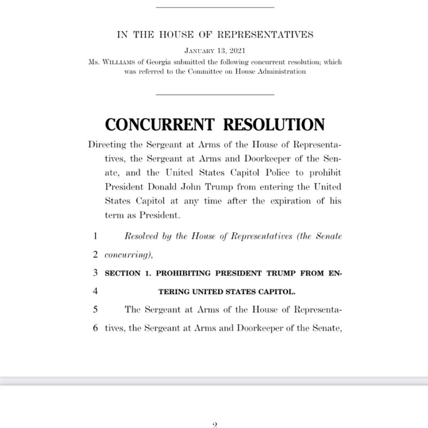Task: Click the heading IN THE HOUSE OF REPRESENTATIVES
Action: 215,35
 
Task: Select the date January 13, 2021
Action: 215,51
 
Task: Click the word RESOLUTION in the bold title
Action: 273,125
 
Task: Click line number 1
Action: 95,236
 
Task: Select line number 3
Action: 95,273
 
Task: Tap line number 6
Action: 95,328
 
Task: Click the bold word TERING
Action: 174,292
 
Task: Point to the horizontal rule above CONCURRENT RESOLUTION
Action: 215,94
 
